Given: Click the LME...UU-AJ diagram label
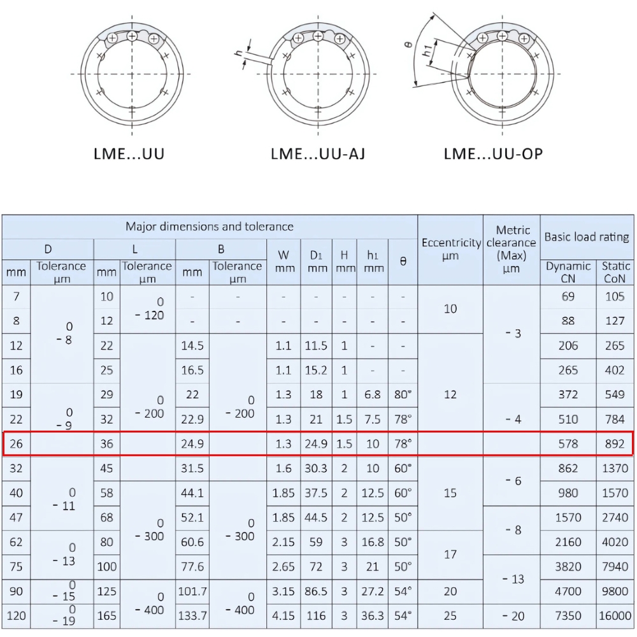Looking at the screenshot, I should coord(318,154).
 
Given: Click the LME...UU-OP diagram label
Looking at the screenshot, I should coord(493,154).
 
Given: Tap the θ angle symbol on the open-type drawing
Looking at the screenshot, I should coord(408,45).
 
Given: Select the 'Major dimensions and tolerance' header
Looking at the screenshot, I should coord(209,226).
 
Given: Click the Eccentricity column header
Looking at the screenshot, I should coord(450,249).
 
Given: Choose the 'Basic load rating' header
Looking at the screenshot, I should coord(587,237).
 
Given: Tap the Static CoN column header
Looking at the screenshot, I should coord(615,272).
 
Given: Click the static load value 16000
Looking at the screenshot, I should coord(615,616).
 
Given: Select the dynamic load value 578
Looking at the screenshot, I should coord(568,443).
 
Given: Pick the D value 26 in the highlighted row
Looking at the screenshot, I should coord(17,443).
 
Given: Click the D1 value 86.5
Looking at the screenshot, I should coord(317,591).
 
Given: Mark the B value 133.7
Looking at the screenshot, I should coord(192,616).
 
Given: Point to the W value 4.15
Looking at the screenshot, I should coord(283,616).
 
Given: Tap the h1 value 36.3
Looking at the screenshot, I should coord(373,616).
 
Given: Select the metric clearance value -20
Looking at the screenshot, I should coord(512,616).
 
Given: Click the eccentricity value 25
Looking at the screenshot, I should coord(450,616).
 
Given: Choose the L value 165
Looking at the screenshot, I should coord(106,616).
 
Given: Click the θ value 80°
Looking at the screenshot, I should coord(403,395).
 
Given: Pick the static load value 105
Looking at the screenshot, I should coord(615,296).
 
